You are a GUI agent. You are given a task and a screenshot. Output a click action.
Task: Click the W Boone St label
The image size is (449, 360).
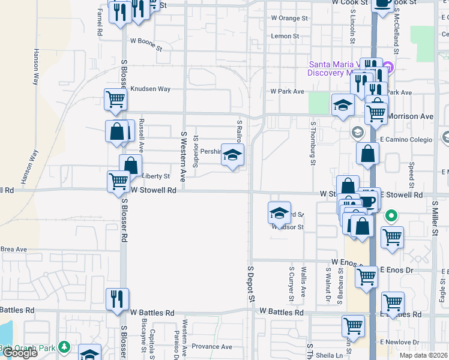[x=146, y=41]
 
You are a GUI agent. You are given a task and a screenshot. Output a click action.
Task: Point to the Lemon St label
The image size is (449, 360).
[x=285, y=37]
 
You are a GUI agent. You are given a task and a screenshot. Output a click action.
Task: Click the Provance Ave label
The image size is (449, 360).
[x=211, y=347]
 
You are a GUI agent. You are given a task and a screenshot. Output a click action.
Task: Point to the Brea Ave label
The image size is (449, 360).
[x=14, y=249]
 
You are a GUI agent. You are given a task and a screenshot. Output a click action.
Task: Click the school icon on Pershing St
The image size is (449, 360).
[x=232, y=156]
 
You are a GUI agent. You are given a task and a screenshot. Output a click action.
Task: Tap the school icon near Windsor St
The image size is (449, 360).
[x=279, y=213]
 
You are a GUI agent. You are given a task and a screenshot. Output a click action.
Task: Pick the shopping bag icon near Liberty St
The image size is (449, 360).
[x=130, y=166]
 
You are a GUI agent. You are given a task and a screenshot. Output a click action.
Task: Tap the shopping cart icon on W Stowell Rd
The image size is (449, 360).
[x=118, y=181]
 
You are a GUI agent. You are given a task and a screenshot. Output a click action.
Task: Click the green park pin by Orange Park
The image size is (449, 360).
[x=65, y=347]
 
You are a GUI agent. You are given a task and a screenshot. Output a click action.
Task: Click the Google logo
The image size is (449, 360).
[x=20, y=353]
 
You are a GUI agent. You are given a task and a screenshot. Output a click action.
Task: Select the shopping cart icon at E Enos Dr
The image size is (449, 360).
[x=366, y=277]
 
